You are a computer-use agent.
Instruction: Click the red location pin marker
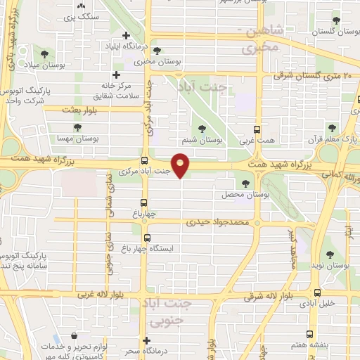click(181, 165)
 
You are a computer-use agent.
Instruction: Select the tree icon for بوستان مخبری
click(157, 51)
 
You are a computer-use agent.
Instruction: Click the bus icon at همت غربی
click(256, 129)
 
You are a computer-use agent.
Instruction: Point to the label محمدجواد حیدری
click(218, 222)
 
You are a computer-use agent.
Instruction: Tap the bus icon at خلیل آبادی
click(318, 292)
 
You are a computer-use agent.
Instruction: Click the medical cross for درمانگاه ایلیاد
click(126, 35)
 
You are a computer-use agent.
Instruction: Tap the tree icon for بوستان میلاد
click(45, 53)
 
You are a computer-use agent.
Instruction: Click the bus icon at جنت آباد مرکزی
click(144, 160)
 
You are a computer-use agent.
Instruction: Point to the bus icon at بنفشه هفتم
click(308, 335)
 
